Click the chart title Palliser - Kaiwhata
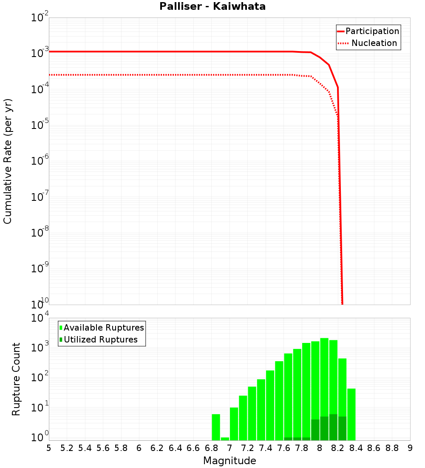tap(212, 7)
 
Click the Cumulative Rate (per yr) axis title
tap(8, 161)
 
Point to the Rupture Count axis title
tap(16, 379)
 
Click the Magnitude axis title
tap(229, 461)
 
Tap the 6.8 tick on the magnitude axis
tap(212, 448)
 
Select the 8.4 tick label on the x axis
tap(356, 448)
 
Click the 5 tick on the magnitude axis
tap(49, 448)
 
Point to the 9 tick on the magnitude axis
tap(410, 448)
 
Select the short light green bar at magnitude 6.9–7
tap(225, 439)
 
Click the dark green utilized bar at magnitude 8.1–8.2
tap(333, 427)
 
